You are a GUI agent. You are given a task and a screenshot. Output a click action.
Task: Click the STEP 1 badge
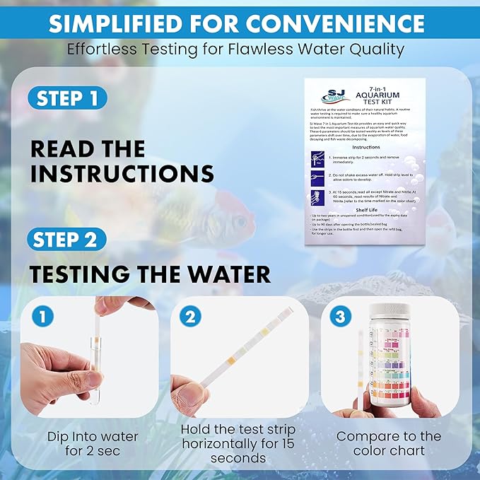point(68,98)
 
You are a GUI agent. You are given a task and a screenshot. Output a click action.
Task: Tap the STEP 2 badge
point(68,240)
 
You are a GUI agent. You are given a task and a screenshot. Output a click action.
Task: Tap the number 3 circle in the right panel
point(339,317)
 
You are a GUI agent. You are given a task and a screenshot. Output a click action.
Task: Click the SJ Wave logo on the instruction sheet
point(328,98)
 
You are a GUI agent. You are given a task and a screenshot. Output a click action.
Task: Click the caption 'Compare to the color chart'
point(388,443)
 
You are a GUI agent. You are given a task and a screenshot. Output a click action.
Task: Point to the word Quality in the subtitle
point(380,49)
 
